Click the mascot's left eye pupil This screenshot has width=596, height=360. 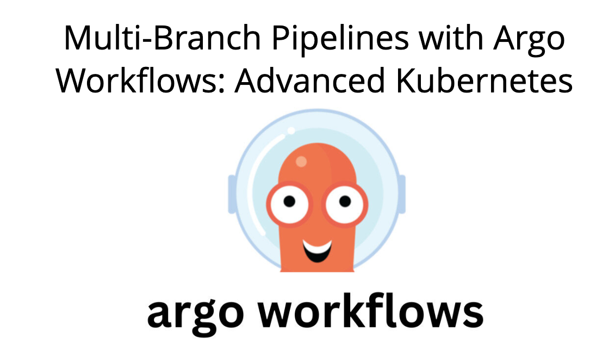point(289,202)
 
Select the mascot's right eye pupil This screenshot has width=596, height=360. point(345,202)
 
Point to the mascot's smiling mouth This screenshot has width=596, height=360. point(318,250)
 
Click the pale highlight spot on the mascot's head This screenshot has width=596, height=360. point(301,162)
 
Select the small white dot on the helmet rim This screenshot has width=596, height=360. point(291,131)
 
